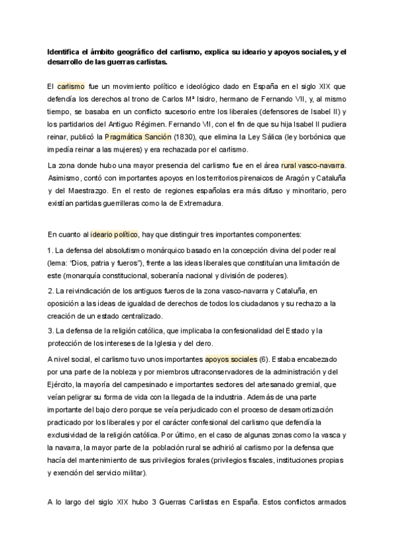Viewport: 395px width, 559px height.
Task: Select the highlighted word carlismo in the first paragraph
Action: pyautogui.click(x=71, y=86)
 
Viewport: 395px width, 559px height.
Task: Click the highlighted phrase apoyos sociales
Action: pyautogui.click(x=230, y=360)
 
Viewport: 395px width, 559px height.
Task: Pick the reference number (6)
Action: pyautogui.click(x=264, y=360)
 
